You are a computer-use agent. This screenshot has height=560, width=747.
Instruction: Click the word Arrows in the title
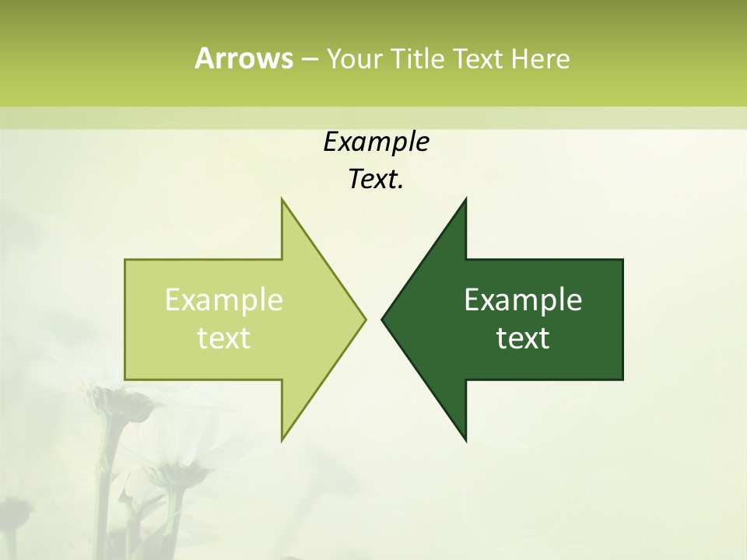(x=244, y=58)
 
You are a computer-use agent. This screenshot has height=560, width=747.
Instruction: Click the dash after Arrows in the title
(x=309, y=59)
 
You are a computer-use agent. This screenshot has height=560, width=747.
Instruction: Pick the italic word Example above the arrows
(x=376, y=142)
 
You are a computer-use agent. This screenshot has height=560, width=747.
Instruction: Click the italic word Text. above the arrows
(x=376, y=180)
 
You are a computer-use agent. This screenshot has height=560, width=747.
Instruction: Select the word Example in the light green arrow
(x=224, y=299)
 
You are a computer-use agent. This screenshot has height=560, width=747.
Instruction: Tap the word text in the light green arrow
(x=224, y=338)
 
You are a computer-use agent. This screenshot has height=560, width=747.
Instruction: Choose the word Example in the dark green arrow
(x=523, y=299)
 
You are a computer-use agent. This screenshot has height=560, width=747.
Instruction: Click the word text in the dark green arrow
(x=523, y=338)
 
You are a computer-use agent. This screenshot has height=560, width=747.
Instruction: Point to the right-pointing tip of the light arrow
(x=365, y=319)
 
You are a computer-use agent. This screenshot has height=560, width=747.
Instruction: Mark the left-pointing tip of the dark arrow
(x=382, y=319)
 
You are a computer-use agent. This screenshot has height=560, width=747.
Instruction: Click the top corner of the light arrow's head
(x=282, y=199)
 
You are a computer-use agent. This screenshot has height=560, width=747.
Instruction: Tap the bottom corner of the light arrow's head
(x=282, y=440)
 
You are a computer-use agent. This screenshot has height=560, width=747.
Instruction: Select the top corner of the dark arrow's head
(x=465, y=199)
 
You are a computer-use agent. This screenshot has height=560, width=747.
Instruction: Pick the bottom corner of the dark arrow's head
(x=465, y=440)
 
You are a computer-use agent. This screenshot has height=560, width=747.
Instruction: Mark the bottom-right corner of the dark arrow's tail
(x=622, y=380)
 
